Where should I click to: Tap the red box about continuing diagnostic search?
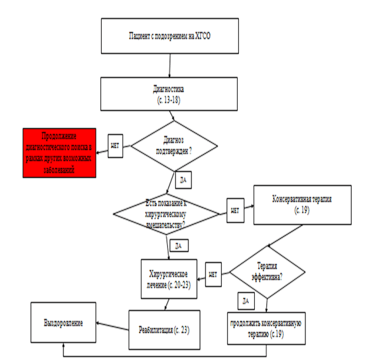point(59,153)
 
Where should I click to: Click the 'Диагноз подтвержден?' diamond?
point(174,147)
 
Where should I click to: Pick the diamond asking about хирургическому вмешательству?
point(166,214)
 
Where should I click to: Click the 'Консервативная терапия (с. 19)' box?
point(302,204)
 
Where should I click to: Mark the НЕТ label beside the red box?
point(116,147)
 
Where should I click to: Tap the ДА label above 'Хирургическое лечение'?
point(178,245)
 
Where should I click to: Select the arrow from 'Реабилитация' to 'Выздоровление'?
point(112,327)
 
